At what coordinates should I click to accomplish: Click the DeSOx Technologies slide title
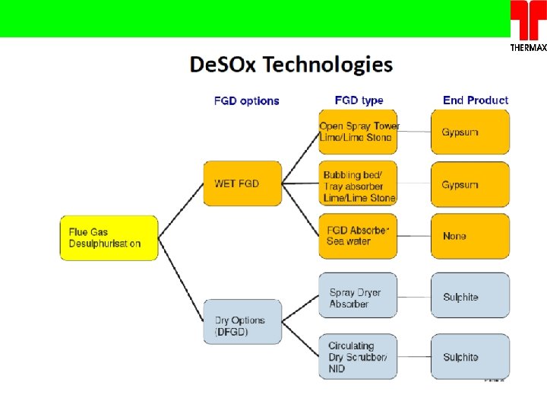click(291, 65)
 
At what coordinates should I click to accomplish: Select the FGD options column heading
click(246, 100)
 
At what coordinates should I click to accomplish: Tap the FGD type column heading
click(359, 100)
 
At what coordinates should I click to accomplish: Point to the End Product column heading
click(476, 100)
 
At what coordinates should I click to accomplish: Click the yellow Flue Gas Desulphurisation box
click(109, 237)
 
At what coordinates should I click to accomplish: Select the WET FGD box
click(242, 183)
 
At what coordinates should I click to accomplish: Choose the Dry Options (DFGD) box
click(242, 321)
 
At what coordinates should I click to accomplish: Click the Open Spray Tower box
click(359, 132)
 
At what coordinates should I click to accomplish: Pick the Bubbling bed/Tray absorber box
click(359, 184)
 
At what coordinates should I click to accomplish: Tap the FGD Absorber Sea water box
click(359, 236)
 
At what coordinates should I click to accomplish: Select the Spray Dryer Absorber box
click(357, 296)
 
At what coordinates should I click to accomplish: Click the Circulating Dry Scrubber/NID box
click(357, 356)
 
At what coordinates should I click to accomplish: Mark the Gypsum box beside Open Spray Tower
click(470, 132)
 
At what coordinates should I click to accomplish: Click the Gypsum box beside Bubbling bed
click(470, 184)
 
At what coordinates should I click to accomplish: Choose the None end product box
click(470, 236)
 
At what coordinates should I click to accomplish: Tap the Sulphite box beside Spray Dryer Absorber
click(470, 296)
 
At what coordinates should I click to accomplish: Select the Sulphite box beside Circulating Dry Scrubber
click(470, 356)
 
